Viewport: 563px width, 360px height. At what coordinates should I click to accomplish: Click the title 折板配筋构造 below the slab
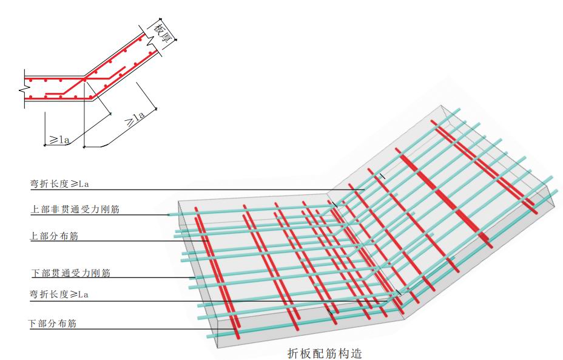[325, 353]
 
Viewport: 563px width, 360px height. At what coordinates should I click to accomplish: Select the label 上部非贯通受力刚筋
[75, 209]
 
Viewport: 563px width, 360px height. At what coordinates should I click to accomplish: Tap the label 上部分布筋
[54, 236]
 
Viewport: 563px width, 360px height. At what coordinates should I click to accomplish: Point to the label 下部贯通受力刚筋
[71, 273]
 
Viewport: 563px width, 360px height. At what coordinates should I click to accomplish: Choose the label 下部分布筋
[52, 324]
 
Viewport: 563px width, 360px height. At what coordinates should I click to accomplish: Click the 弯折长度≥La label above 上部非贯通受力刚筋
[59, 184]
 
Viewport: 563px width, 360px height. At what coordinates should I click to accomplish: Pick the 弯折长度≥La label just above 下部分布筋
[59, 294]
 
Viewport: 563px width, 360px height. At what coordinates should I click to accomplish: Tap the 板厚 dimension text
[162, 33]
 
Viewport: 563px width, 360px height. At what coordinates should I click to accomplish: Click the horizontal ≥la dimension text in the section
[59, 139]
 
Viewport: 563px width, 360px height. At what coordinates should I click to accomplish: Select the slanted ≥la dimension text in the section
[135, 119]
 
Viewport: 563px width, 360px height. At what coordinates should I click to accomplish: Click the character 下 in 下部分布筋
[33, 324]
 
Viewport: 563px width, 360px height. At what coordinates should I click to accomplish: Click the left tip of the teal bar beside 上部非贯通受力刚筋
[168, 215]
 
